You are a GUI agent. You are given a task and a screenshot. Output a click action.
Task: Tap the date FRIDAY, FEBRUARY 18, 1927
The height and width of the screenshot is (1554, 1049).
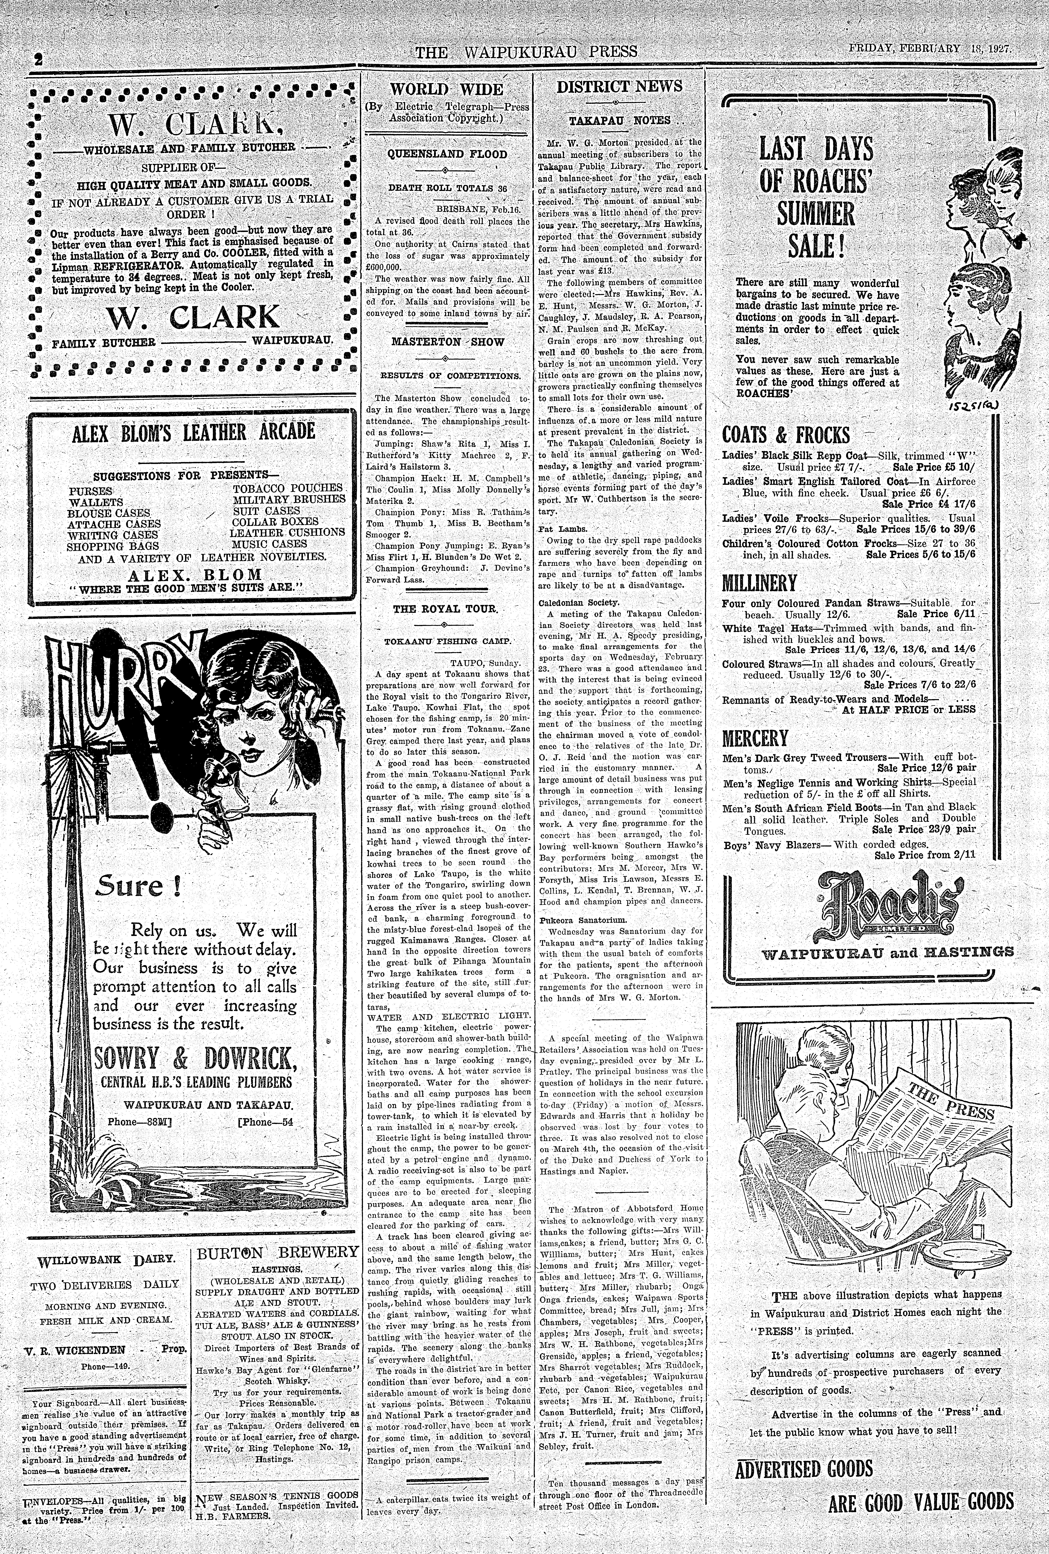click(929, 49)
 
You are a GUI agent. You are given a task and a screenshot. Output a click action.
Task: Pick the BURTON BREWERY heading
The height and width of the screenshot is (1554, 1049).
click(277, 1253)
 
